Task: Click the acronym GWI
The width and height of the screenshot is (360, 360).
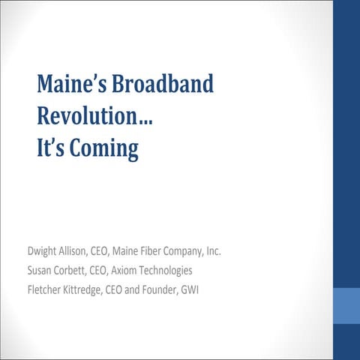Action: (211, 289)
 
